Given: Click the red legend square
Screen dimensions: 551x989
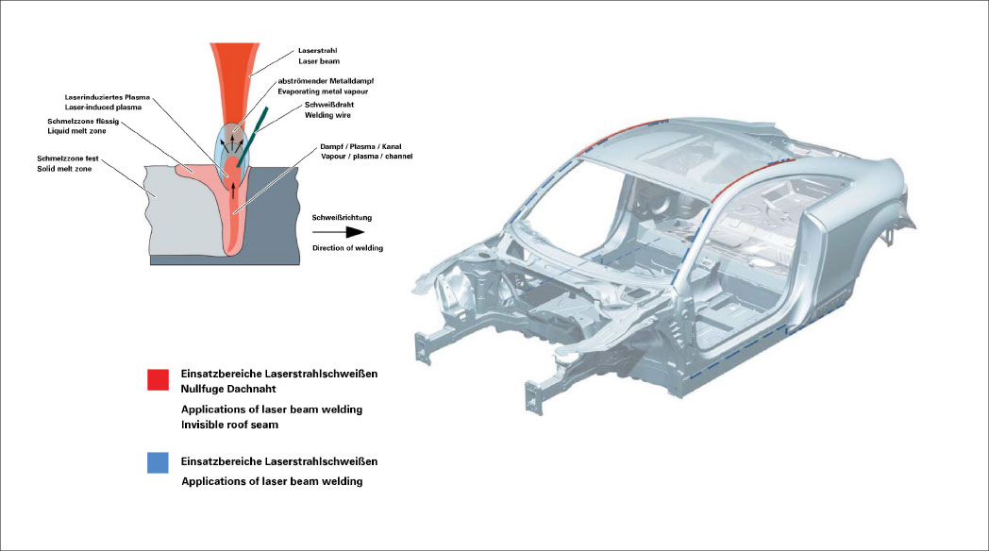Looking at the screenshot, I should [x=158, y=379].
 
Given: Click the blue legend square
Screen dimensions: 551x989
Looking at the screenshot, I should [x=158, y=462].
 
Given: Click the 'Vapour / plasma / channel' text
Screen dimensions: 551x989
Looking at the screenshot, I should [x=360, y=156].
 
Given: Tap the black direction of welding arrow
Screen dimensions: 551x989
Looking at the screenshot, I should [x=342, y=231].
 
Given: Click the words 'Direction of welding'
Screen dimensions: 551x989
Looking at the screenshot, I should [x=347, y=248].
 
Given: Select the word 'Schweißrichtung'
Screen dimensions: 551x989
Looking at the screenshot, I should [x=342, y=217].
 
